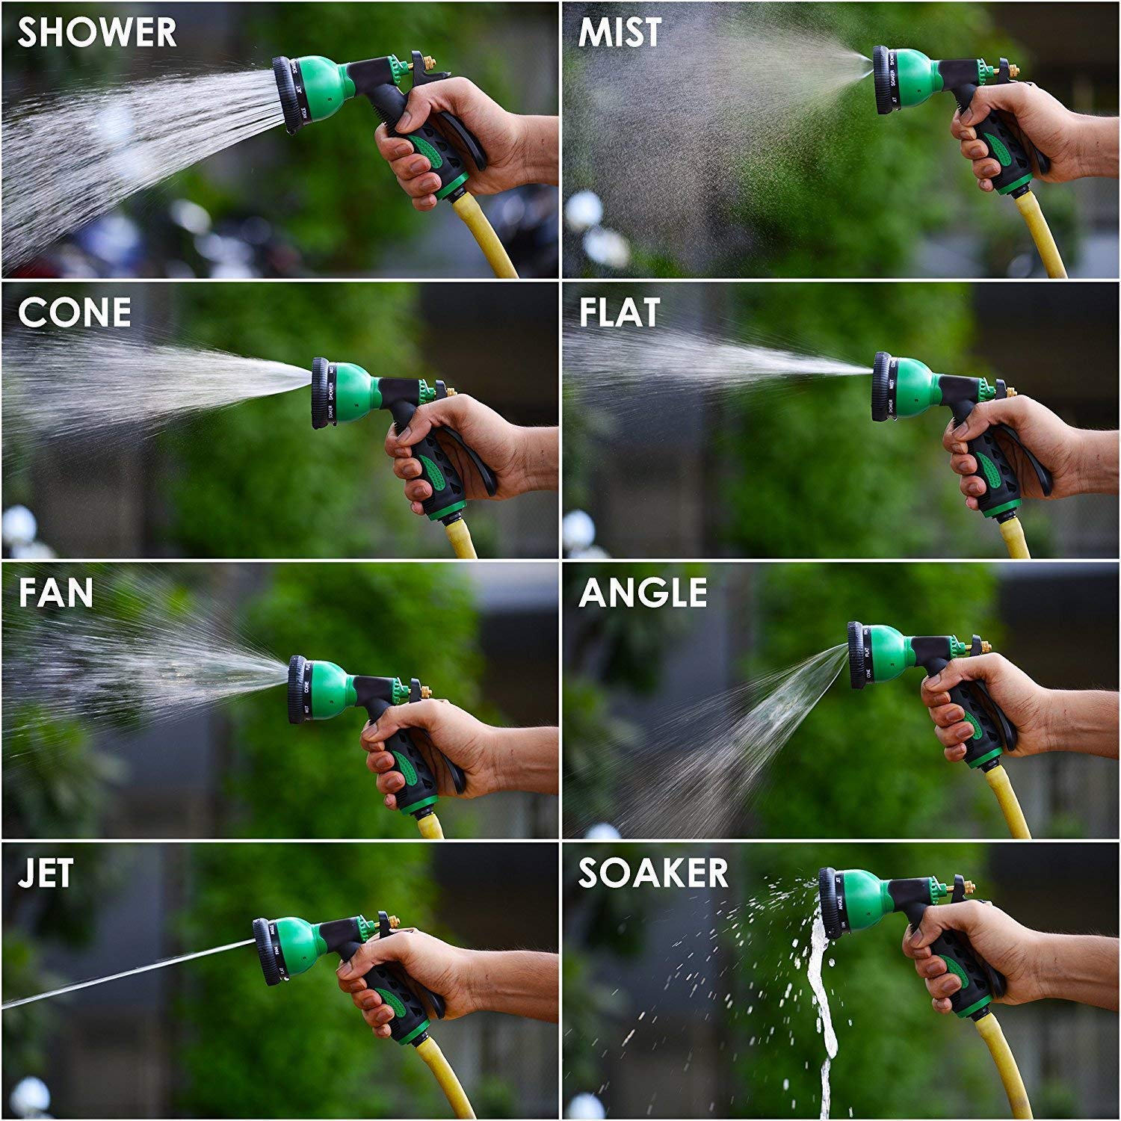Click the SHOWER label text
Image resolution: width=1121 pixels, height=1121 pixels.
(97, 33)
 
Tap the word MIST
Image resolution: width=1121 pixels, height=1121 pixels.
(620, 33)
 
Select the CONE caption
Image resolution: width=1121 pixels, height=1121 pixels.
(74, 312)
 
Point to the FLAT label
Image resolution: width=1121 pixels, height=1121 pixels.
(620, 312)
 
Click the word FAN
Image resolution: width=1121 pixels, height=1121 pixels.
(56, 593)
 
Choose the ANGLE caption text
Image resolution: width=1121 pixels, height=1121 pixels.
(643, 593)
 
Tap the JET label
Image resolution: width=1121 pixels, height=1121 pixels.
(46, 874)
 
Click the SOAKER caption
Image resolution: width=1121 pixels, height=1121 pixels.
(653, 874)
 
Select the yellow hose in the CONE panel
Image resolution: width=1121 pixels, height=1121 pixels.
(462, 540)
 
